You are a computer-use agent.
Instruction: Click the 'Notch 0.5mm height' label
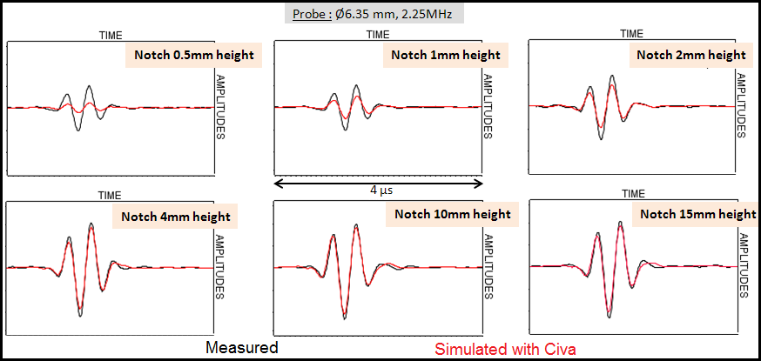click(193, 56)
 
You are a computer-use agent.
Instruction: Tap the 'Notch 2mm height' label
click(690, 55)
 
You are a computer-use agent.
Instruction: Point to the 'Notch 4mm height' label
click(175, 217)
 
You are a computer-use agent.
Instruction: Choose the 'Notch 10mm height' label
click(453, 214)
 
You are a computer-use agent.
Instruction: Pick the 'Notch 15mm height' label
click(697, 214)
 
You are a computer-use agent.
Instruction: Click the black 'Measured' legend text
click(241, 348)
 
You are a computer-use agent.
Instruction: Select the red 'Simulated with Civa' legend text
click(505, 348)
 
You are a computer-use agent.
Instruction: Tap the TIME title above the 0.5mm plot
click(111, 36)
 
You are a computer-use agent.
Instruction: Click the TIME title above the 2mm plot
click(632, 34)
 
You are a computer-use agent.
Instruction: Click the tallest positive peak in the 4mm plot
click(91, 224)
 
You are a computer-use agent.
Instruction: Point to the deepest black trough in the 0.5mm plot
click(78, 130)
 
